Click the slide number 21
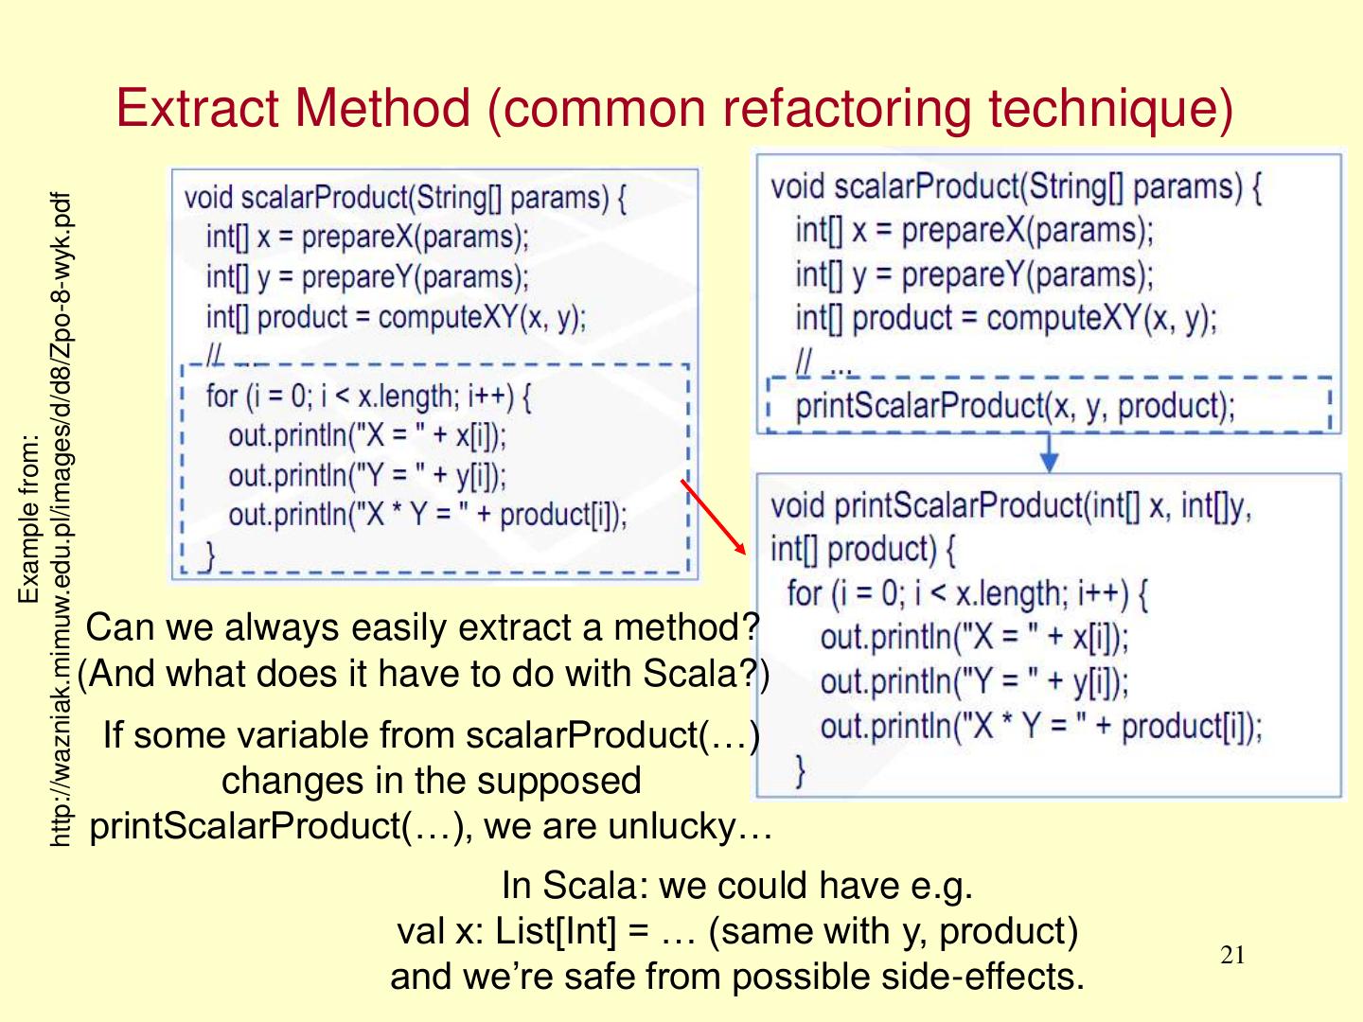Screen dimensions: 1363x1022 (x=1232, y=955)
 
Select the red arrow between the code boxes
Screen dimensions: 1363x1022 (x=714, y=517)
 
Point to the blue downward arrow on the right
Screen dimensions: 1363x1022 (x=1049, y=453)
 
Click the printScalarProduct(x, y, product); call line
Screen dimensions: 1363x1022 (x=1015, y=406)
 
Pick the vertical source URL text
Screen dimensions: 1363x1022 (x=59, y=520)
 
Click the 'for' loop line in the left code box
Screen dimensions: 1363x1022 (x=369, y=396)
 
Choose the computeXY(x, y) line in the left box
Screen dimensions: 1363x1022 (x=397, y=317)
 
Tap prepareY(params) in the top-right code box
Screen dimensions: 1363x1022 (x=1026, y=274)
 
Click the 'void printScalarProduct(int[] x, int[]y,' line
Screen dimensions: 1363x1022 (x=1010, y=506)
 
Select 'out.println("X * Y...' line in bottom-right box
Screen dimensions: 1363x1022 (x=1041, y=727)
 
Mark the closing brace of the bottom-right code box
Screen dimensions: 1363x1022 (x=800, y=770)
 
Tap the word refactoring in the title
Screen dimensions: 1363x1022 (x=847, y=108)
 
